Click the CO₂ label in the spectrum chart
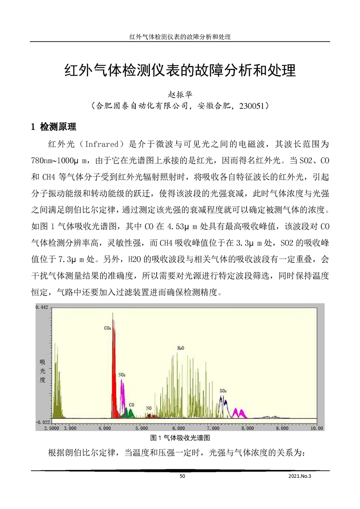[x=108, y=328]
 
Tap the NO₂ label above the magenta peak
[x=122, y=375]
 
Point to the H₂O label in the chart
[x=180, y=348]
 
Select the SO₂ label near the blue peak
[x=223, y=390]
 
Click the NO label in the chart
[x=148, y=408]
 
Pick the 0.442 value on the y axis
[x=42, y=308]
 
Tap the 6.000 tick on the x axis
[x=178, y=427]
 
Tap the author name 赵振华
[x=180, y=94]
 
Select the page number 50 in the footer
[x=182, y=476]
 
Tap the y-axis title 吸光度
[x=42, y=370]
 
